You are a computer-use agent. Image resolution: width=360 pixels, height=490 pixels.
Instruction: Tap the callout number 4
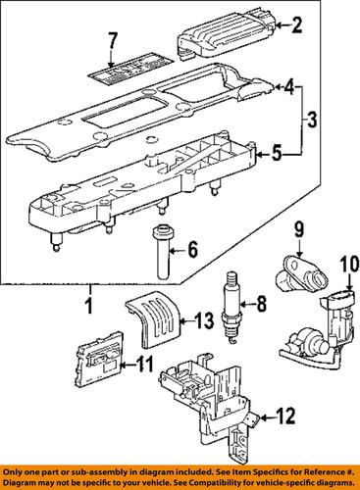click(x=288, y=87)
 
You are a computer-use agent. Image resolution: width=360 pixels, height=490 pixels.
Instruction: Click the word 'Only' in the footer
click(x=16, y=468)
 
